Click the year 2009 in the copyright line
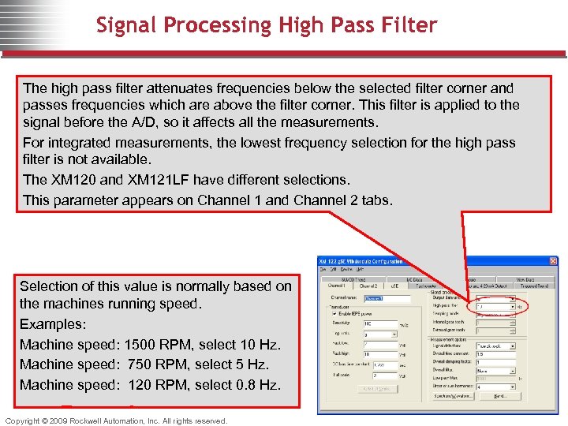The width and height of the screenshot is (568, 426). pos(54,420)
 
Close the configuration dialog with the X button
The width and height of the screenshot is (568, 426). pos(553,261)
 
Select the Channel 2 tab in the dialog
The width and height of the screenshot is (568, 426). pos(368,286)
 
